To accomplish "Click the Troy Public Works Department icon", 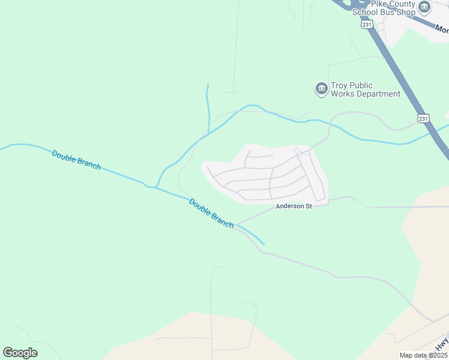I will [x=321, y=89].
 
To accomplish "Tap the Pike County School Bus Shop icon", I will [x=424, y=7].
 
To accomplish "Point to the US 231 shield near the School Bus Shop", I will [x=367, y=25].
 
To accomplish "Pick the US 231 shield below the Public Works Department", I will [x=424, y=119].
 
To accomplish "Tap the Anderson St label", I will [x=294, y=207].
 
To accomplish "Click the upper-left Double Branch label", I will [x=76, y=160].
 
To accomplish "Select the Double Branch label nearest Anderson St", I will [x=211, y=212].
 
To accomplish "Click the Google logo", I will [x=20, y=353].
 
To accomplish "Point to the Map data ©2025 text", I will [x=423, y=355].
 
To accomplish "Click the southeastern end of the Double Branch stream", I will [x=264, y=244].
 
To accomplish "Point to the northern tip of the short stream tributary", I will [x=208, y=85].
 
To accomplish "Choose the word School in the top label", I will [x=365, y=12].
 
